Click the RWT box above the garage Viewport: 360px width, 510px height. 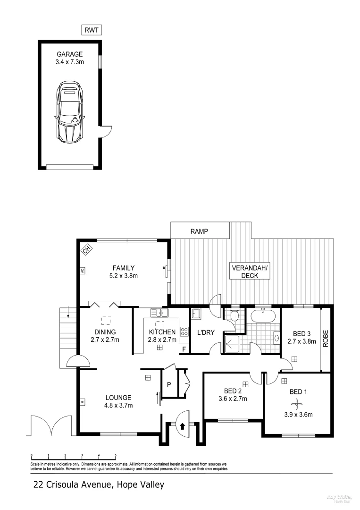[92, 31]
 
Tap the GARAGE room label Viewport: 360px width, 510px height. [69, 54]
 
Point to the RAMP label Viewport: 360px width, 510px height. [199, 231]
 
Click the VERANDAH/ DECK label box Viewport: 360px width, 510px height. [249, 272]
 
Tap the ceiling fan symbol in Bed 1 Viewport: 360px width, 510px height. [296, 403]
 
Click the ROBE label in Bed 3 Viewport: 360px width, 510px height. [326, 338]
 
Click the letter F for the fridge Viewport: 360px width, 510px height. [184, 349]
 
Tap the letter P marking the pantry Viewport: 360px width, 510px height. [168, 384]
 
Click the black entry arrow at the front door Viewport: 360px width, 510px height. [182, 425]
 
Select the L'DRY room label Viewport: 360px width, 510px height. [205, 332]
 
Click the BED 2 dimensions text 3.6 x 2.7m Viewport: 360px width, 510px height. [233, 399]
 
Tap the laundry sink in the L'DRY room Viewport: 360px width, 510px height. [196, 312]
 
